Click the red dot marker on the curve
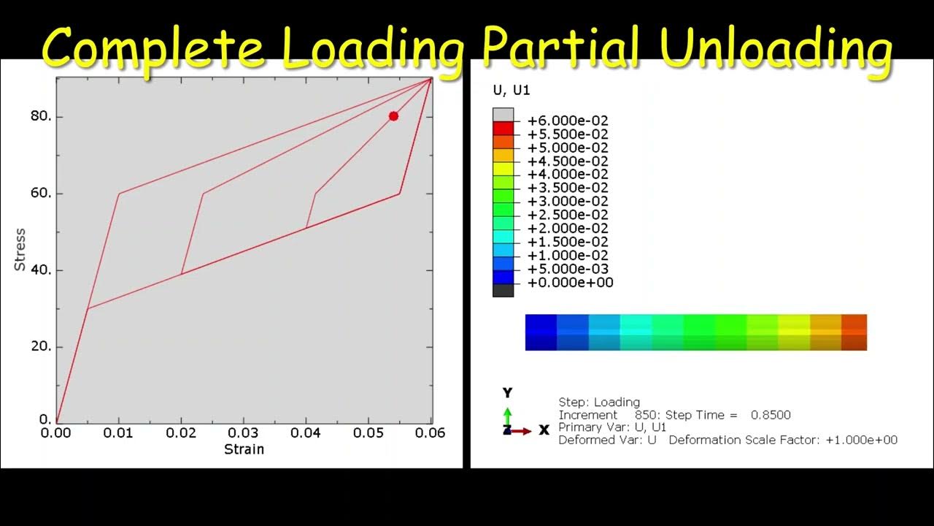pos(393,116)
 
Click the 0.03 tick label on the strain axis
pos(243,433)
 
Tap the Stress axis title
pos(20,250)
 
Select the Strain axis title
pos(244,449)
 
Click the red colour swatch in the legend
pos(503,129)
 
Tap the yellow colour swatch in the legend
pos(503,169)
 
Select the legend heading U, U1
pos(512,90)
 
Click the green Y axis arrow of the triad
pos(507,415)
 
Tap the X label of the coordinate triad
pos(544,430)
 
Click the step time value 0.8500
pos(771,415)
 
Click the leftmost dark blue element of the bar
pos(541,332)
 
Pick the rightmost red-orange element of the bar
pos(854,332)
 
